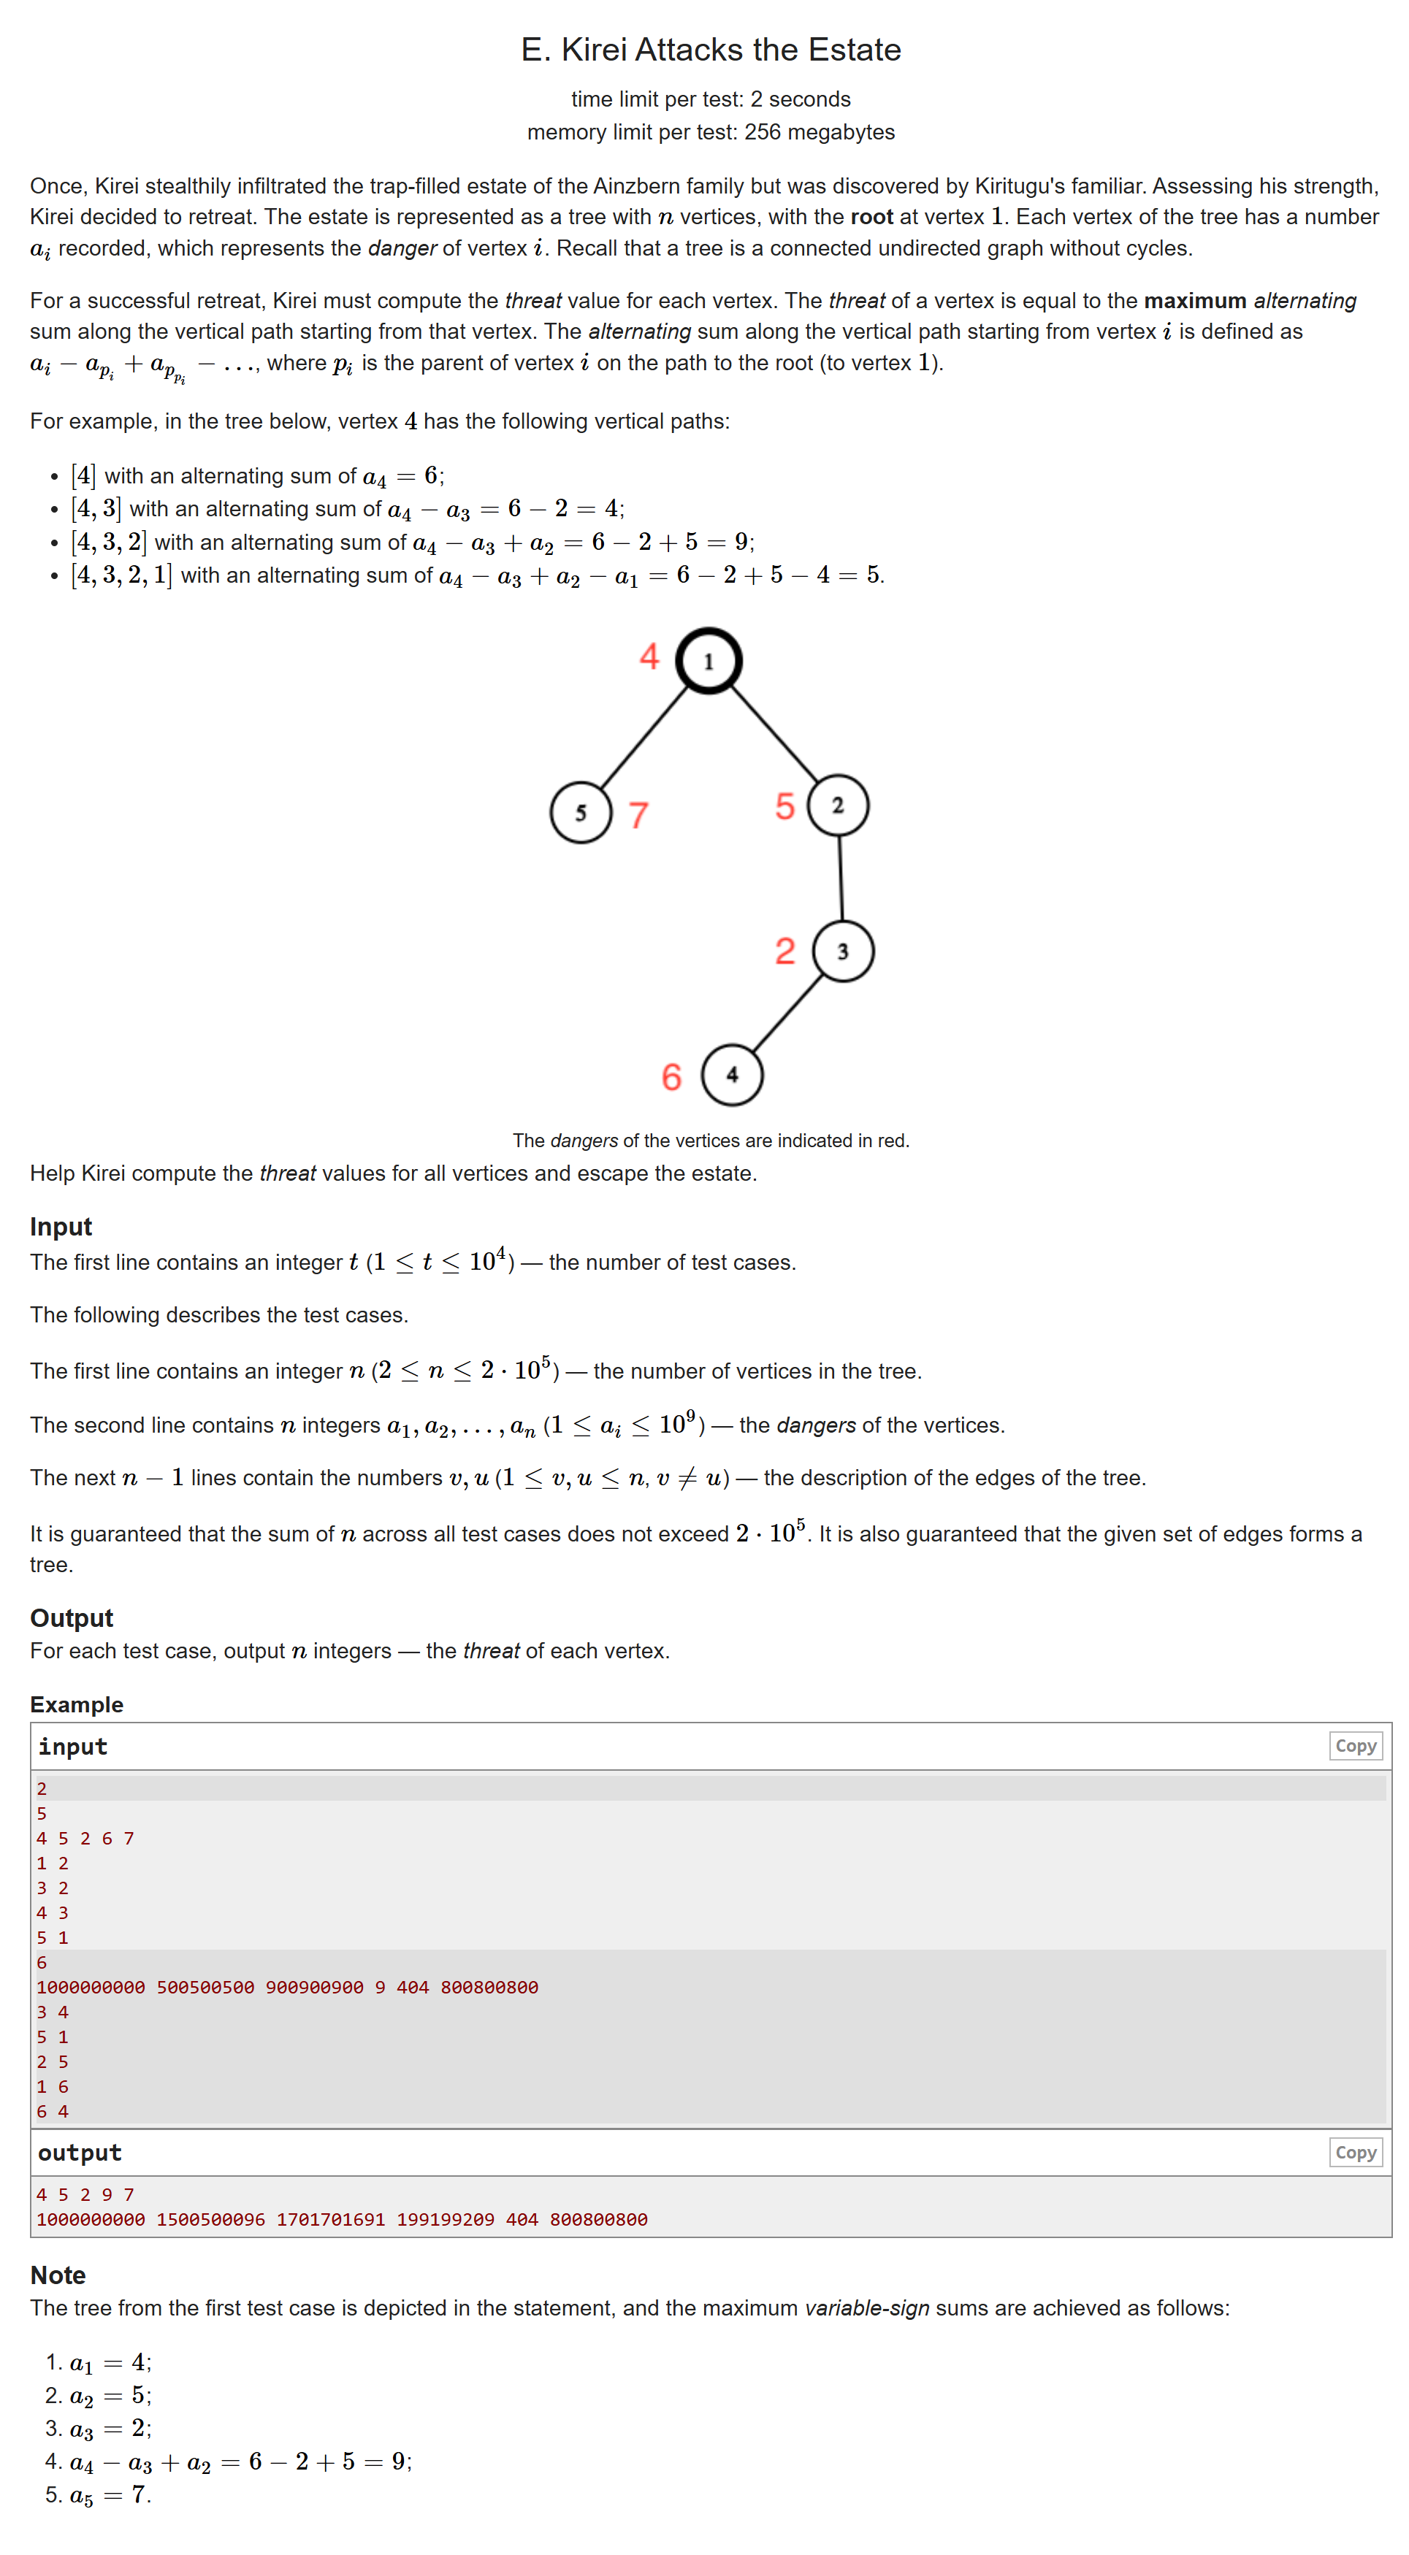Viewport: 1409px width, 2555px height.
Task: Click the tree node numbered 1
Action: pyautogui.click(x=709, y=661)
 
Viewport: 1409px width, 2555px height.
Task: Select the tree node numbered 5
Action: pyautogui.click(x=581, y=812)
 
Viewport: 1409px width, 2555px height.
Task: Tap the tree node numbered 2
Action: pyautogui.click(x=838, y=805)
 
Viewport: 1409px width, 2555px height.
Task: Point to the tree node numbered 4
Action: pyautogui.click(x=733, y=1074)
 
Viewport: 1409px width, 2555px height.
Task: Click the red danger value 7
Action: pyautogui.click(x=639, y=816)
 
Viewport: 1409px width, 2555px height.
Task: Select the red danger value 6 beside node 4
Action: pyautogui.click(x=672, y=1077)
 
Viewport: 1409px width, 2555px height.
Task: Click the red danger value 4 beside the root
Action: pyautogui.click(x=649, y=656)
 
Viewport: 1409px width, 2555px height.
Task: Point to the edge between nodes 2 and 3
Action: pyautogui.click(x=841, y=878)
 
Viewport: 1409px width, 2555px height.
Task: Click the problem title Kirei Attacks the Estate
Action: pyautogui.click(x=711, y=50)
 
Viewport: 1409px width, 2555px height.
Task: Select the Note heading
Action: pyautogui.click(x=58, y=2275)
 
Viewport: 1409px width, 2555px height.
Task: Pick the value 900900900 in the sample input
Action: pyautogui.click(x=315, y=1988)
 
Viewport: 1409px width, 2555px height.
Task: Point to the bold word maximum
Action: pyautogui.click(x=1195, y=301)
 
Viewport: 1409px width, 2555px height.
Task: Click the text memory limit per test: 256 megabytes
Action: pyautogui.click(x=711, y=132)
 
